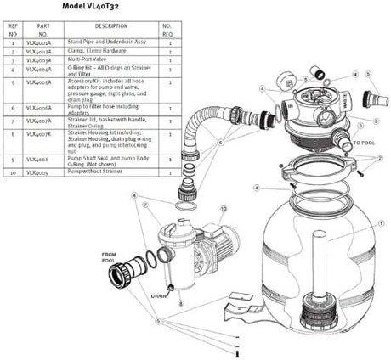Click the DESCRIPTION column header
(110, 26)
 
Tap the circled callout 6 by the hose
(219, 143)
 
